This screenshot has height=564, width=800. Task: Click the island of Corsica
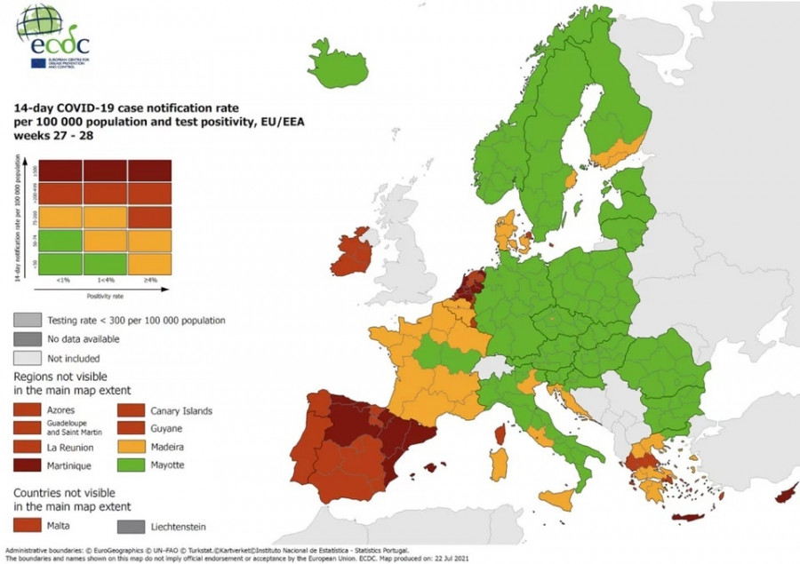click(500, 433)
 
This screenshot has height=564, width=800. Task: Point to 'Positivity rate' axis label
click(98, 295)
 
